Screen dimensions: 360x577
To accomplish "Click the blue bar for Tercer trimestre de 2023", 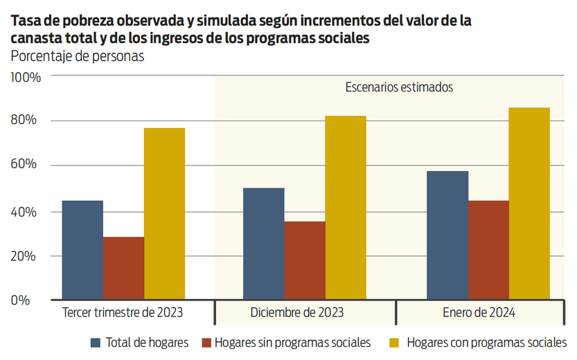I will [82, 250].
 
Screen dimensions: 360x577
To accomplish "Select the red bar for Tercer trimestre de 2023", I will [124, 268].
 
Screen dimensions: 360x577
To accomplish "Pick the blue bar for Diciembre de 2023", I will [264, 244].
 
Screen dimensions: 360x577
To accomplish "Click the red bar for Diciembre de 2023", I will [305, 260].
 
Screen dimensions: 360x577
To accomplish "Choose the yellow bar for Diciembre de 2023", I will [346, 207].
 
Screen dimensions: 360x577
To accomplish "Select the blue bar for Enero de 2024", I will [447, 235].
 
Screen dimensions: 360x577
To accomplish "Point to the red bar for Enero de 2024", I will [488, 250].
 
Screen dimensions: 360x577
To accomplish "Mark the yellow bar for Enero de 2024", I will [529, 204].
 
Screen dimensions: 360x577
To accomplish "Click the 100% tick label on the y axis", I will [26, 77].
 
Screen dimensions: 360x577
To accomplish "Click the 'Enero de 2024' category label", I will [479, 312].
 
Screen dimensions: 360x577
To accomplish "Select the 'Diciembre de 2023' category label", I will [296, 312].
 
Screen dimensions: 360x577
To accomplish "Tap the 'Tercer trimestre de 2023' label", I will [123, 312].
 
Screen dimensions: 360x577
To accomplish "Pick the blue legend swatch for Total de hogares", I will [96, 342].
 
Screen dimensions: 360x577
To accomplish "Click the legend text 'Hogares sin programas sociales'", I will [292, 342].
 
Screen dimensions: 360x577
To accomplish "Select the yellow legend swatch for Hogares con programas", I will [395, 342].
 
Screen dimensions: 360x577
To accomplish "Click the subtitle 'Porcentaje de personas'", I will [77, 57].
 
